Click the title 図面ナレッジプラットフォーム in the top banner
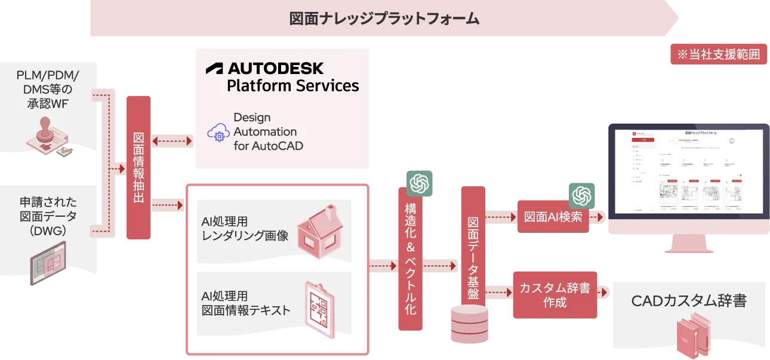tap(384, 19)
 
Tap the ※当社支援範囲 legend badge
tap(718, 55)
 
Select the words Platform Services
tap(292, 85)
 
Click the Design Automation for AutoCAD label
tap(264, 131)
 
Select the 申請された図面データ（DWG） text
tap(48, 216)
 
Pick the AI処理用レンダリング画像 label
tap(245, 229)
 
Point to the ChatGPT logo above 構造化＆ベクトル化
tap(419, 181)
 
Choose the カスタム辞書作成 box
tap(555, 295)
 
